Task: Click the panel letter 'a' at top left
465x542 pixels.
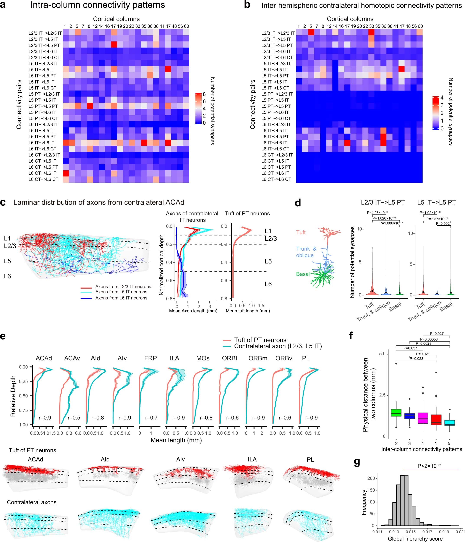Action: [3, 5]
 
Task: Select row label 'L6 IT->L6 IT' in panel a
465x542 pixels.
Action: [42, 143]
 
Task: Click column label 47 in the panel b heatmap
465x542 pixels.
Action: [402, 26]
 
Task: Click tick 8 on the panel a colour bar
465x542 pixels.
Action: [204, 94]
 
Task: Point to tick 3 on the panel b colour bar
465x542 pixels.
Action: [442, 105]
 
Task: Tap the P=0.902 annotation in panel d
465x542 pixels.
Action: [443, 223]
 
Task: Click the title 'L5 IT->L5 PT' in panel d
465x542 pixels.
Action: [436, 202]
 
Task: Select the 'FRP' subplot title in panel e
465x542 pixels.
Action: [151, 358]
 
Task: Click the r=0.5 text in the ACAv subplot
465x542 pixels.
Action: [74, 418]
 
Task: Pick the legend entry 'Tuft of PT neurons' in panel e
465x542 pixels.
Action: [260, 340]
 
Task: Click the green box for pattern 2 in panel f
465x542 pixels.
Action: [396, 413]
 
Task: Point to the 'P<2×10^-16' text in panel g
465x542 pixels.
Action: [429, 466]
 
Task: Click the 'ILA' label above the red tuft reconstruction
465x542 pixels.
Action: [252, 459]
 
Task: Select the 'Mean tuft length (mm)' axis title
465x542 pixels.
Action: [248, 311]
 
